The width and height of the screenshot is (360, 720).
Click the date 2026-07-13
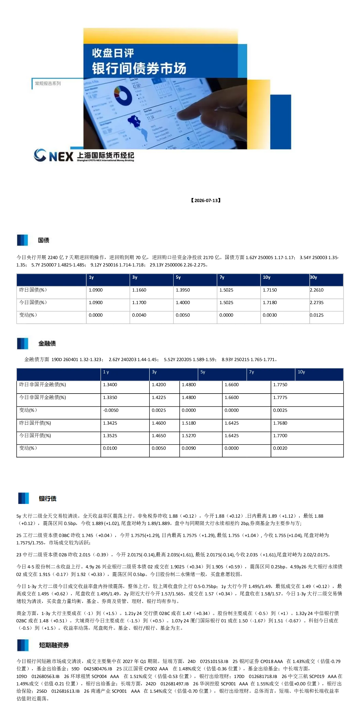(x=206, y=200)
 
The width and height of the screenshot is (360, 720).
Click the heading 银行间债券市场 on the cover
(x=139, y=68)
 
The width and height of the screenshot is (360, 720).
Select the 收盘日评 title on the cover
(x=113, y=53)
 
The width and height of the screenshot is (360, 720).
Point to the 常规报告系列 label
(x=48, y=83)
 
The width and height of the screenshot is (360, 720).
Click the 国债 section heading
(x=44, y=240)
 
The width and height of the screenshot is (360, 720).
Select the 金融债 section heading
(x=47, y=344)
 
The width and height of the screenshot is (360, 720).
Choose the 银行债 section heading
(x=48, y=499)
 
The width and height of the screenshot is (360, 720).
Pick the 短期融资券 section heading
(x=54, y=645)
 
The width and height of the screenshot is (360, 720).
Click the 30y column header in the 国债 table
(x=313, y=277)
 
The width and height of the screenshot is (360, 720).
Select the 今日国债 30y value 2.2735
(x=317, y=303)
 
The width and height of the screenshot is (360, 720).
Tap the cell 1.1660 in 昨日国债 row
(x=139, y=290)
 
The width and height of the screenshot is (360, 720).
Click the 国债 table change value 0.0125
(x=317, y=315)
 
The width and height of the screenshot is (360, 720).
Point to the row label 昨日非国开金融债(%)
(x=43, y=385)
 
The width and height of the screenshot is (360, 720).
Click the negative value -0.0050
(x=111, y=410)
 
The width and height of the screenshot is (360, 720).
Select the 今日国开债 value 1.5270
(x=189, y=436)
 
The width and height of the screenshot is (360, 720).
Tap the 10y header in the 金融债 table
(x=301, y=372)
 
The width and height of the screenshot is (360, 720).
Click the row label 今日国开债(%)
(x=35, y=436)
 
